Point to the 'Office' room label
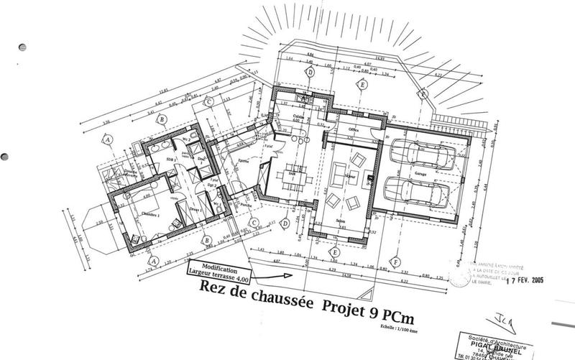click(353, 130)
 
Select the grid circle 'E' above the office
click(364, 86)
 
